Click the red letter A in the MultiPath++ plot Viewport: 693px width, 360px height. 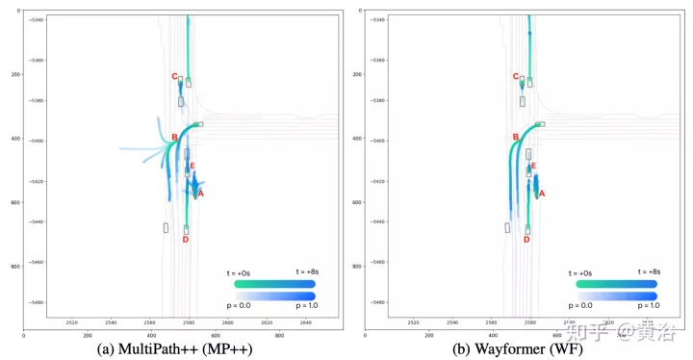point(199,193)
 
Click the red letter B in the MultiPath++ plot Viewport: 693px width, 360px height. point(174,138)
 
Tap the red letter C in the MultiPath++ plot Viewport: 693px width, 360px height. point(174,77)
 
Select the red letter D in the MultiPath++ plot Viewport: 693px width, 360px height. point(185,239)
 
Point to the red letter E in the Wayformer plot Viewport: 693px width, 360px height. point(533,166)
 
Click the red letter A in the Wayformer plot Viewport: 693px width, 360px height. point(542,193)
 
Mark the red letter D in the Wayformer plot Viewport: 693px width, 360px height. point(526,239)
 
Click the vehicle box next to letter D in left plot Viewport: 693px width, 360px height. point(186,229)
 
